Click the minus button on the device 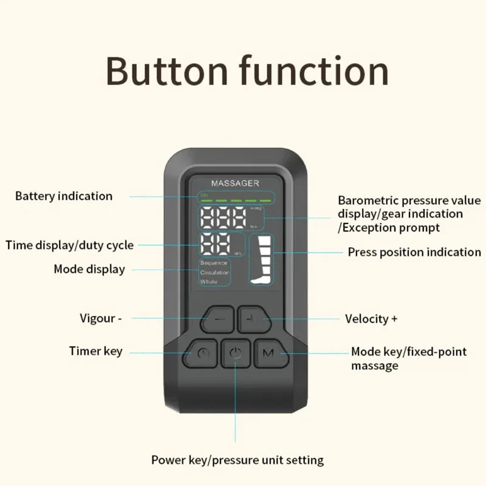(219, 318)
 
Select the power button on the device (236, 353)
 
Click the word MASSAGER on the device (235, 182)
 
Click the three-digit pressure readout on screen (223, 217)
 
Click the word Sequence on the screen (213, 263)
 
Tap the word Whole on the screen (208, 282)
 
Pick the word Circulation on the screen (214, 273)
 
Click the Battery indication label (64, 196)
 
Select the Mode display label (89, 269)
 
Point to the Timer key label (95, 351)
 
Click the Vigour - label (101, 318)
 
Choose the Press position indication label (414, 252)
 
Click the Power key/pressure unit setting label (238, 460)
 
